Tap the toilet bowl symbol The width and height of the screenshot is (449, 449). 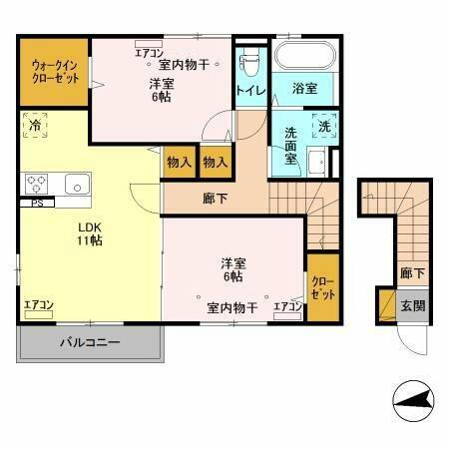[249, 61]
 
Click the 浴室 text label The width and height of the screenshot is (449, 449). [304, 90]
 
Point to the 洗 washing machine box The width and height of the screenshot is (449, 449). [324, 126]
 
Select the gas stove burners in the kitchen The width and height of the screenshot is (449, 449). [37, 184]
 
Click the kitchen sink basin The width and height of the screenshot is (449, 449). [77, 184]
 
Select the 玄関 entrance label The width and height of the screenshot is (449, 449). [411, 306]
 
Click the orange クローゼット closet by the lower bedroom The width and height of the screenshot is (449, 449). [321, 290]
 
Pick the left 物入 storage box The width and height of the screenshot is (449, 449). [179, 162]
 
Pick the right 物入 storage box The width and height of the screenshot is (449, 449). [215, 162]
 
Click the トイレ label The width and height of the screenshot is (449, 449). [249, 90]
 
